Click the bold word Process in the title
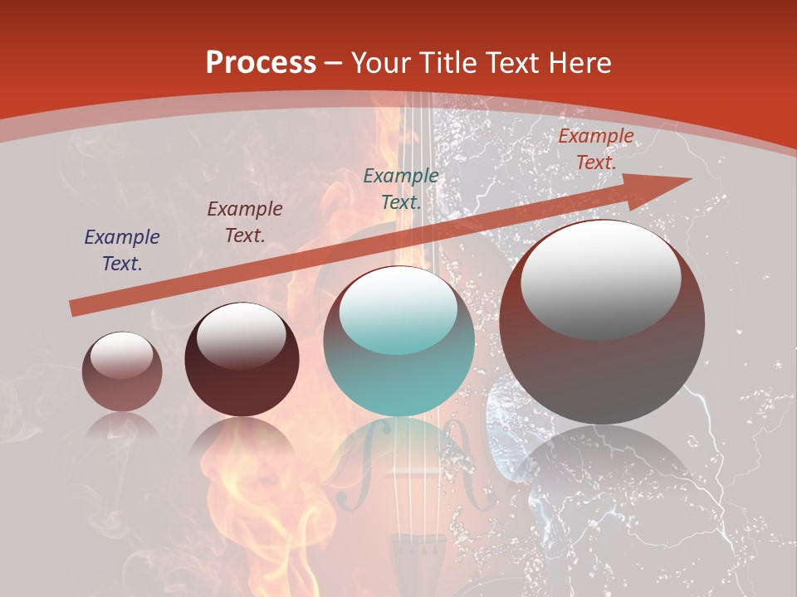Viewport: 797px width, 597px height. pos(261,63)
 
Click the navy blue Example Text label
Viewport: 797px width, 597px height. pos(122,250)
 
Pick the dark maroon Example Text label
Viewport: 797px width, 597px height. pos(245,222)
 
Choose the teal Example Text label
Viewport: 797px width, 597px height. pos(401,188)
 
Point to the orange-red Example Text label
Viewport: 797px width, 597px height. pos(595,149)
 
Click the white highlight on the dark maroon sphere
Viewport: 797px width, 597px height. pos(241,334)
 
